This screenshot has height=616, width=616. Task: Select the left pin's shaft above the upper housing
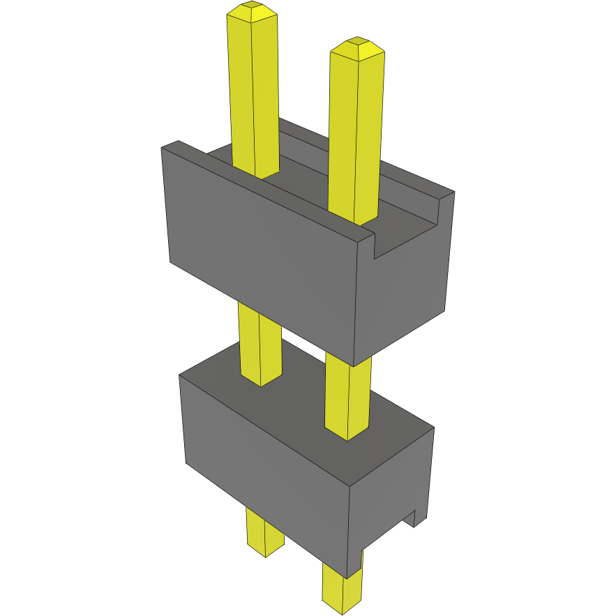[x=253, y=91]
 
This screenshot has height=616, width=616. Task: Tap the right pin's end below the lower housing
[x=343, y=589]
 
